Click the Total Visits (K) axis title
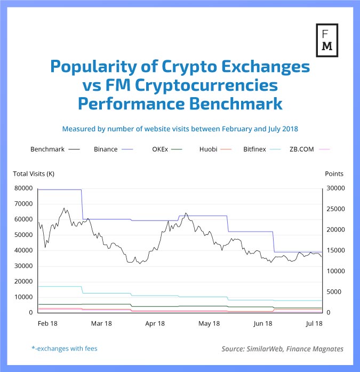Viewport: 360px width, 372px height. point(34,174)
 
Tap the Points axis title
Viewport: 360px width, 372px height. point(334,174)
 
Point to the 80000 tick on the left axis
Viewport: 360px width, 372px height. point(24,188)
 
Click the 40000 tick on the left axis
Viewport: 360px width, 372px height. point(24,250)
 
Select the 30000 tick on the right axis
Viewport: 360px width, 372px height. point(335,188)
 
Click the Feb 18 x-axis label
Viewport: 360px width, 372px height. point(47,323)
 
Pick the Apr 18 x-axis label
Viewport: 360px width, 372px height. point(155,323)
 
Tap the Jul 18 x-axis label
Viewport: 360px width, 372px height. point(315,323)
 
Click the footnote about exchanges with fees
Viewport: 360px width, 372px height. point(64,349)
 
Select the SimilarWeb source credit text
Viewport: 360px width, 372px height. point(283,349)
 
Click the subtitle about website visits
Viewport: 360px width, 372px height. point(180,129)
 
